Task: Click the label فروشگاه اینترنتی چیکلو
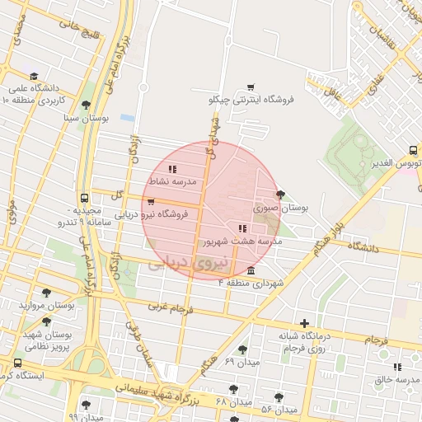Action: coord(251,99)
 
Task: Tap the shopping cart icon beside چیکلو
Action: coord(251,87)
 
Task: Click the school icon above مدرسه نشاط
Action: coord(172,168)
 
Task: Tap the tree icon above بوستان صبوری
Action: coord(281,195)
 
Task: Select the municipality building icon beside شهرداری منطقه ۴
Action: coord(251,271)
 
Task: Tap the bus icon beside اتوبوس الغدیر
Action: coord(413,151)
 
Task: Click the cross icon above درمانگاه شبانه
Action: coord(305,323)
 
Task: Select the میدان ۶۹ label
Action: coord(241,362)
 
